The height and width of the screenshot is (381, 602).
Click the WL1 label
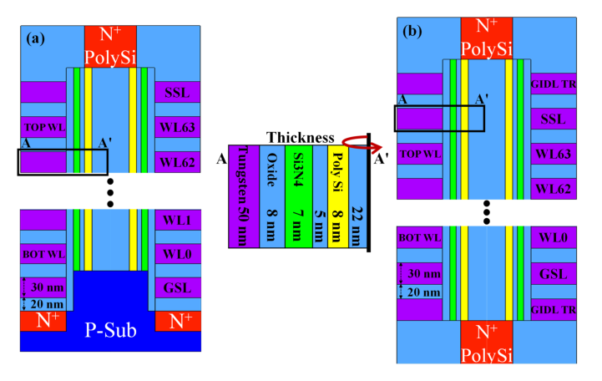(177, 221)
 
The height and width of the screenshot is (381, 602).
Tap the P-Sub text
(110, 330)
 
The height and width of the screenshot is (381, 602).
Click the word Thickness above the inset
(301, 138)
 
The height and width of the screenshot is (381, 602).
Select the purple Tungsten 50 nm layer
(244, 196)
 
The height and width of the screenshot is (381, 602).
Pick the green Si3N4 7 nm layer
(298, 196)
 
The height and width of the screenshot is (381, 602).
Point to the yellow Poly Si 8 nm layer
(338, 196)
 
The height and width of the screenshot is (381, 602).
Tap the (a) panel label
(35, 38)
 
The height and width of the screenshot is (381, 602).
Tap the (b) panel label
(412, 31)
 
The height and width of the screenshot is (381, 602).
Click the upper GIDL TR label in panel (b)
(554, 84)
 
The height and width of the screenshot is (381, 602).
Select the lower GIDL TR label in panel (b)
(554, 309)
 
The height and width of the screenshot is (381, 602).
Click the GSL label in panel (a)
(177, 287)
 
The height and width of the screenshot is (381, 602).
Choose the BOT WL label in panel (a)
(43, 254)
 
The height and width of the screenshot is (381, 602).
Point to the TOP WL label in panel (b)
(421, 154)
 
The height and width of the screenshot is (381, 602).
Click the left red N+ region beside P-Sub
(43, 321)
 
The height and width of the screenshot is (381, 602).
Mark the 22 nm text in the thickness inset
(358, 226)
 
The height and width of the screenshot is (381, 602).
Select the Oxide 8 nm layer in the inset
(272, 196)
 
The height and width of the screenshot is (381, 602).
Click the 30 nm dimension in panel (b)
(424, 273)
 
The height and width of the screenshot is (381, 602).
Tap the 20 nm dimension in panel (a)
(47, 304)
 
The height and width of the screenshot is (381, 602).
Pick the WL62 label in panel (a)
(177, 162)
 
